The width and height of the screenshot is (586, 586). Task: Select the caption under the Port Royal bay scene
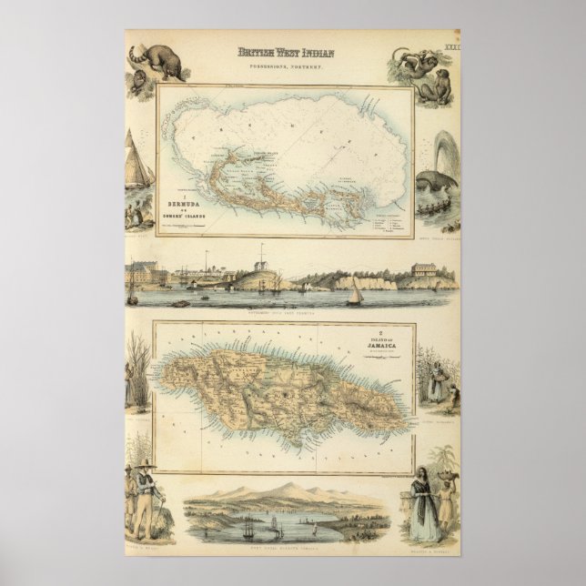click(x=292, y=549)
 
